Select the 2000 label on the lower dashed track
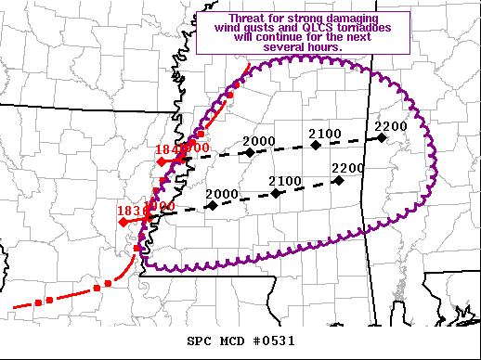click(x=223, y=194)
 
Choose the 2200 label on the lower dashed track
click(x=348, y=168)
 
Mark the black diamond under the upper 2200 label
click(x=382, y=137)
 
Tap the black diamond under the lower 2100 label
click(x=277, y=193)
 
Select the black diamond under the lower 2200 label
click(x=339, y=181)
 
